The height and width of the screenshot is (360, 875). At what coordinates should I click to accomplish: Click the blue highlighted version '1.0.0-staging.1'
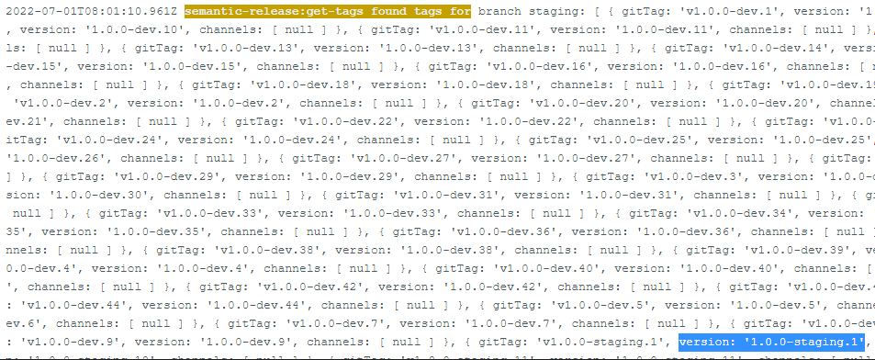773,343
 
